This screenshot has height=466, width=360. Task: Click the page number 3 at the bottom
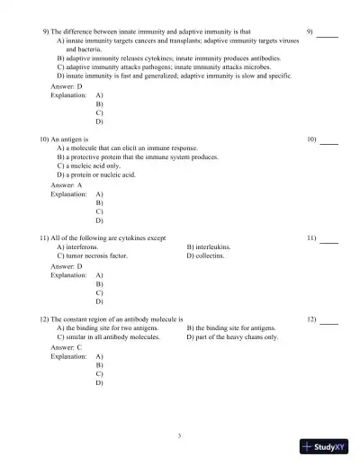[180, 435]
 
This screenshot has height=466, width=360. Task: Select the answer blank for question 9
[327, 35]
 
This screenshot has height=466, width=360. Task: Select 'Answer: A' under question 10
[67, 184]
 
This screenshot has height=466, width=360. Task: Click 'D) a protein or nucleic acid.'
[96, 175]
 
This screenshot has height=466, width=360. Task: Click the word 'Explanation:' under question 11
[68, 275]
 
